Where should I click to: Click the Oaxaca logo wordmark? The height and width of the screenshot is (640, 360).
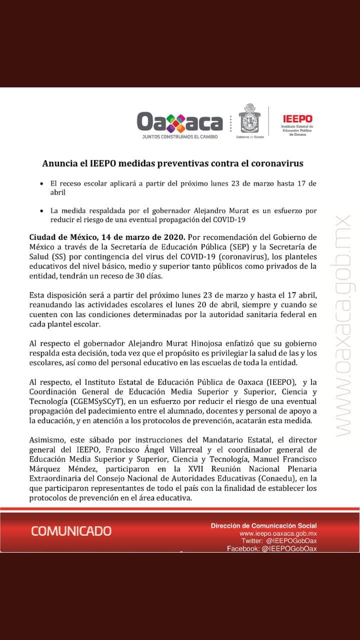click(179, 121)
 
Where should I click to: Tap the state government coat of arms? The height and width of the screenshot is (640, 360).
click(248, 118)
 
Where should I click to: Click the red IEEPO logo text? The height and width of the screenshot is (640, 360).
click(297, 119)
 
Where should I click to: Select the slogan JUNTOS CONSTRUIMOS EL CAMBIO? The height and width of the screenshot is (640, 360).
click(179, 136)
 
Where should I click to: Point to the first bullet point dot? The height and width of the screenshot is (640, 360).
click(42, 184)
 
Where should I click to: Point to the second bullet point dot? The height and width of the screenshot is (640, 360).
click(42, 211)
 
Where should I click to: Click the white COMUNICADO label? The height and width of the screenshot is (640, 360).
click(71, 530)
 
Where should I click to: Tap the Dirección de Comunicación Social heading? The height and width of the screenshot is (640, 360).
click(263, 525)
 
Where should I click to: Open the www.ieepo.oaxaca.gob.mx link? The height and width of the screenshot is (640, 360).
click(278, 533)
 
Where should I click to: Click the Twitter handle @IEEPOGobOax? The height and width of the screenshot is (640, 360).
click(291, 541)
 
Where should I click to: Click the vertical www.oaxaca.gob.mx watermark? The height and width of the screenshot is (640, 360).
click(344, 325)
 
